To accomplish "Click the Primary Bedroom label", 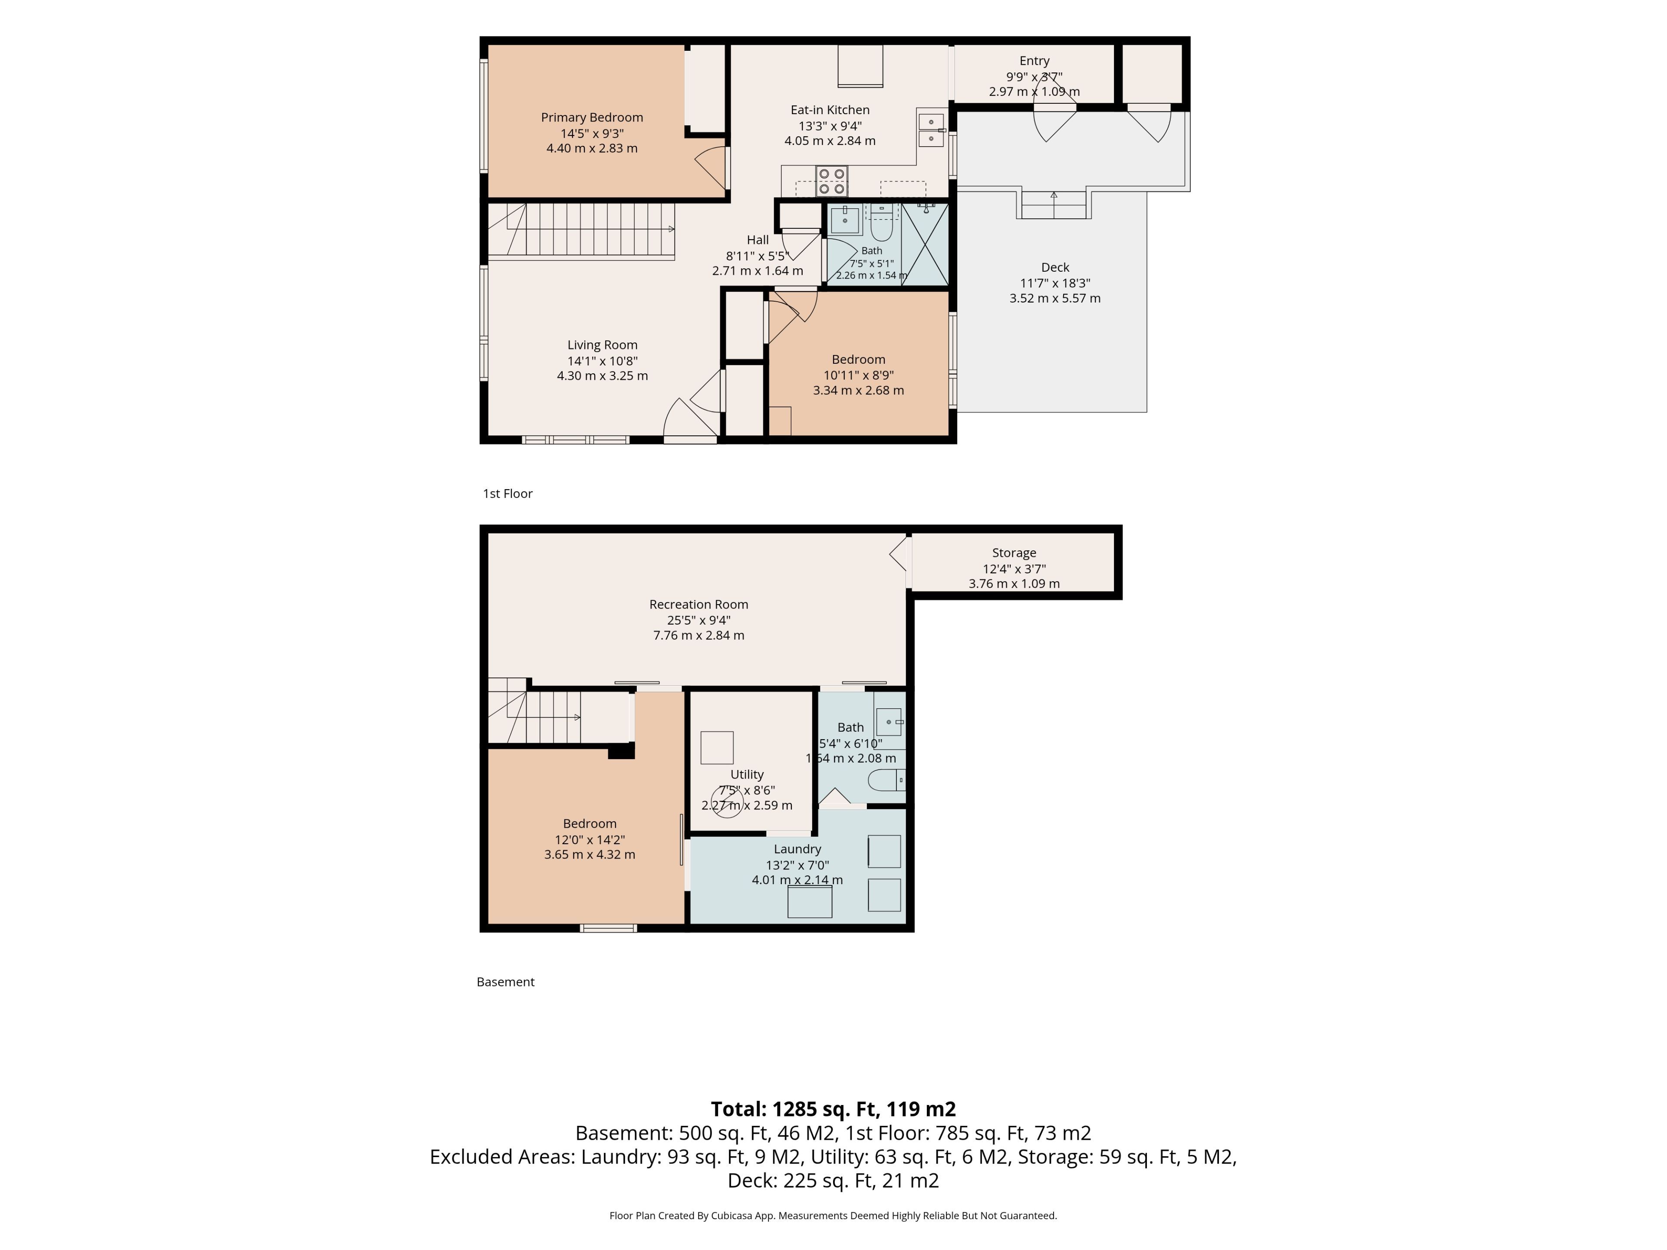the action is tap(592, 118).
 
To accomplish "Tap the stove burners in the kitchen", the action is tap(831, 181).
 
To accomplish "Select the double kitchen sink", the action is tap(931, 130).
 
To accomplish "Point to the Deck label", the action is tap(1055, 267).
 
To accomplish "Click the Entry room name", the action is tap(1034, 61).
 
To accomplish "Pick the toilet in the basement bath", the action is tap(887, 780).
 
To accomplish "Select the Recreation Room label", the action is tap(698, 604).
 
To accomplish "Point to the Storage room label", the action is tap(1014, 553).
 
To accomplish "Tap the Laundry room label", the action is tap(797, 849).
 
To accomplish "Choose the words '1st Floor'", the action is tap(508, 493).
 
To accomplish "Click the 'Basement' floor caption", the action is tap(506, 982).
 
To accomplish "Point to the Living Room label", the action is tap(602, 345).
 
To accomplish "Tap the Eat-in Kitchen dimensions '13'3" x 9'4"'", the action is tap(830, 126).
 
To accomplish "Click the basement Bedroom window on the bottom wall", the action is tap(608, 928).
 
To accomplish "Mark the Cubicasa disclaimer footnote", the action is tap(833, 1215).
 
